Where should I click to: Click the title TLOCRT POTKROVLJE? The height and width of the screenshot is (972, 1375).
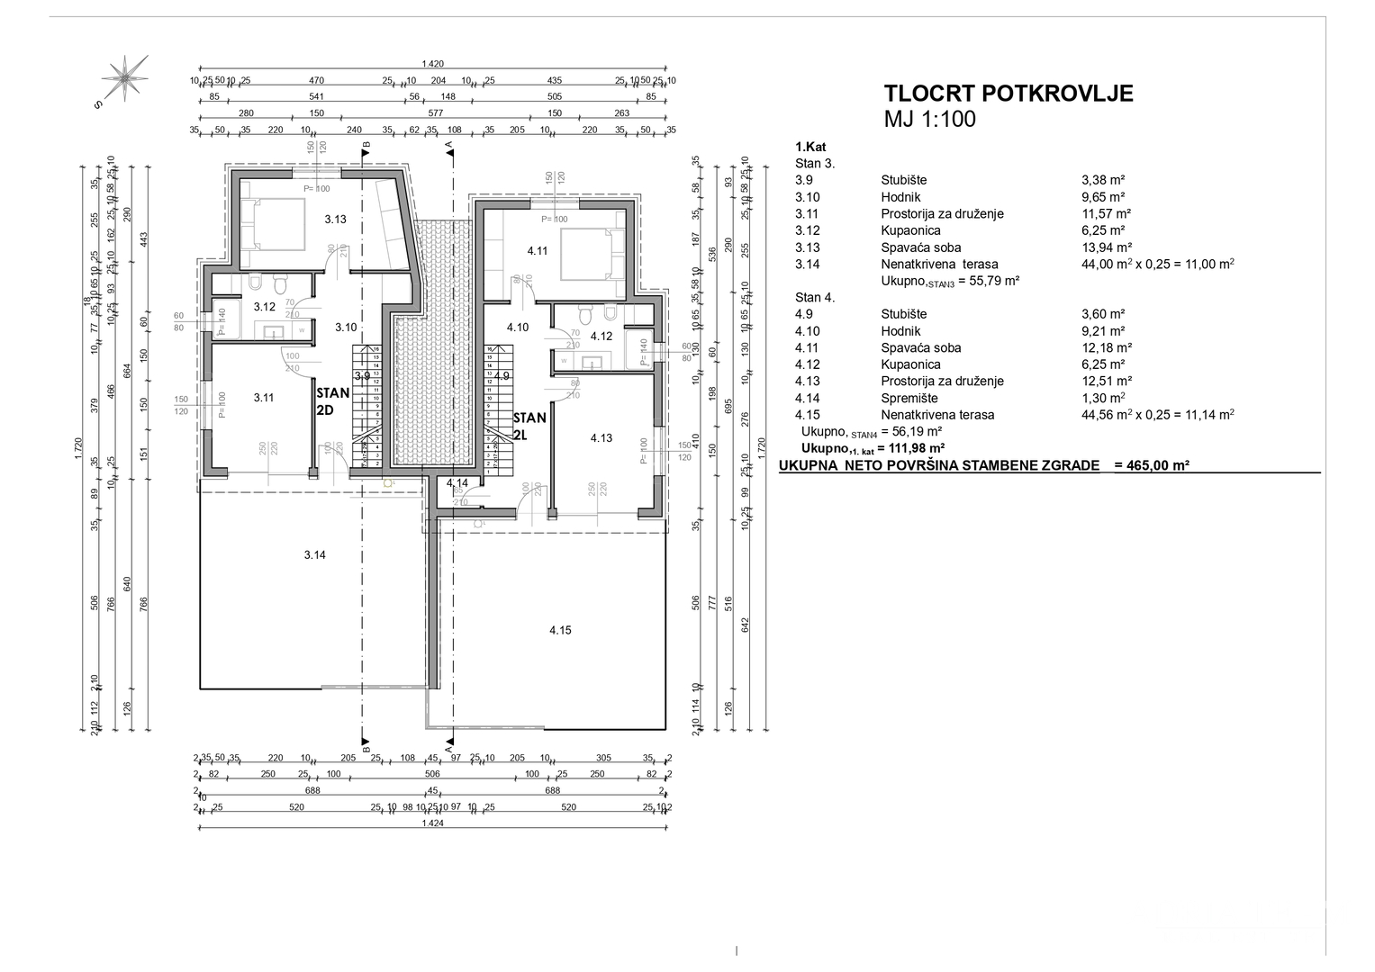[1009, 94]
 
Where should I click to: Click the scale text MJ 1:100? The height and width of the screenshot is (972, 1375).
[930, 120]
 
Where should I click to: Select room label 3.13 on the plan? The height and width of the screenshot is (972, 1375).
[335, 219]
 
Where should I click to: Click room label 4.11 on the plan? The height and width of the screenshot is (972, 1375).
[538, 251]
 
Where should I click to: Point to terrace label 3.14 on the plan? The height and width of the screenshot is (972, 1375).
[314, 555]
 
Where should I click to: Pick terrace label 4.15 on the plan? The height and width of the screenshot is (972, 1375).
[560, 630]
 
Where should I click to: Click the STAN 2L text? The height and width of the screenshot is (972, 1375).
[529, 426]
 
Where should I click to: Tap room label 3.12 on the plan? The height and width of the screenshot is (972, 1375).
[264, 307]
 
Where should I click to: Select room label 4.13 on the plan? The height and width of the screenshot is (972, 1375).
[601, 438]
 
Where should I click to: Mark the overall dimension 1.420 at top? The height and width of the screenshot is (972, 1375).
[432, 64]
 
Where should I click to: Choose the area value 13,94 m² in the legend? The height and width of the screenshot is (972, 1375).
[1106, 247]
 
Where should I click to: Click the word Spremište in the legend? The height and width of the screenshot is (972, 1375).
[909, 398]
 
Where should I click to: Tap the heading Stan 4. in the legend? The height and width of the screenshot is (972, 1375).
[815, 297]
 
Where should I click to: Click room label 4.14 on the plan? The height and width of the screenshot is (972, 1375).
[457, 483]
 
